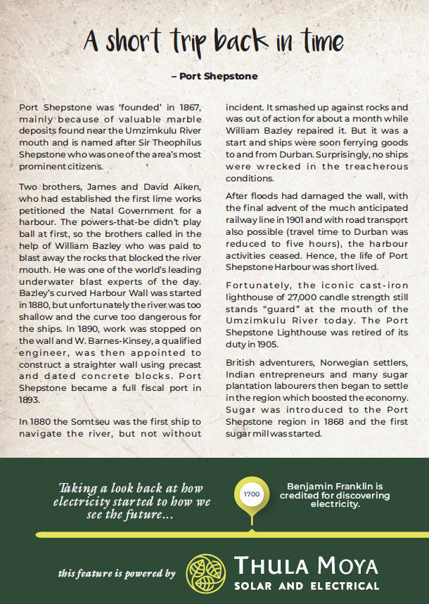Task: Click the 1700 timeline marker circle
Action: tap(251, 495)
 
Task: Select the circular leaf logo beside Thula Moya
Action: tap(207, 573)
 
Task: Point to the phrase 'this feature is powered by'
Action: tap(117, 574)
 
